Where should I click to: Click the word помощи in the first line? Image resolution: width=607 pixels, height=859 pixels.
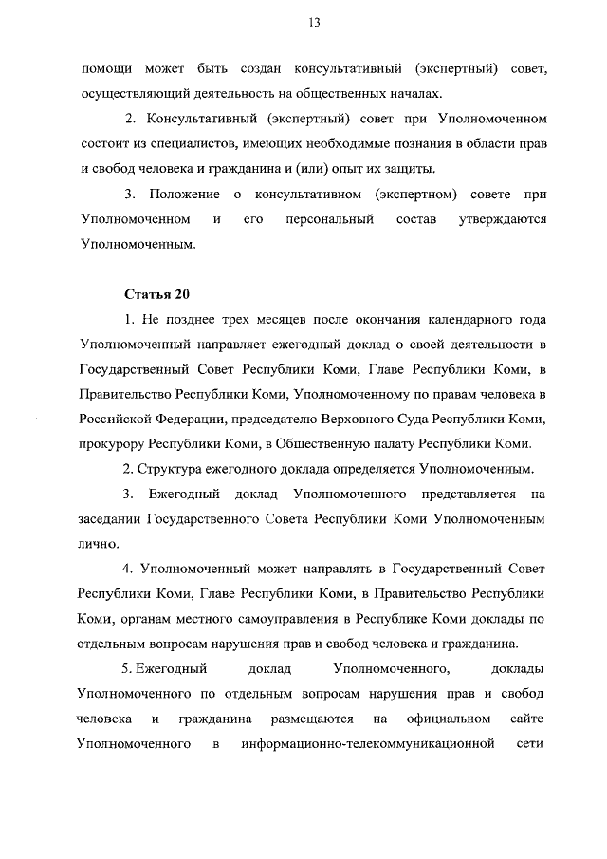click(104, 71)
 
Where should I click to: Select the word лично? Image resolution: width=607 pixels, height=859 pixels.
click(97, 544)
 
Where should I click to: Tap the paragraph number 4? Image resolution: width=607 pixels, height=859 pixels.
click(128, 569)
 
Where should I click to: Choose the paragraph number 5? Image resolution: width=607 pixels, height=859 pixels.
click(128, 669)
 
